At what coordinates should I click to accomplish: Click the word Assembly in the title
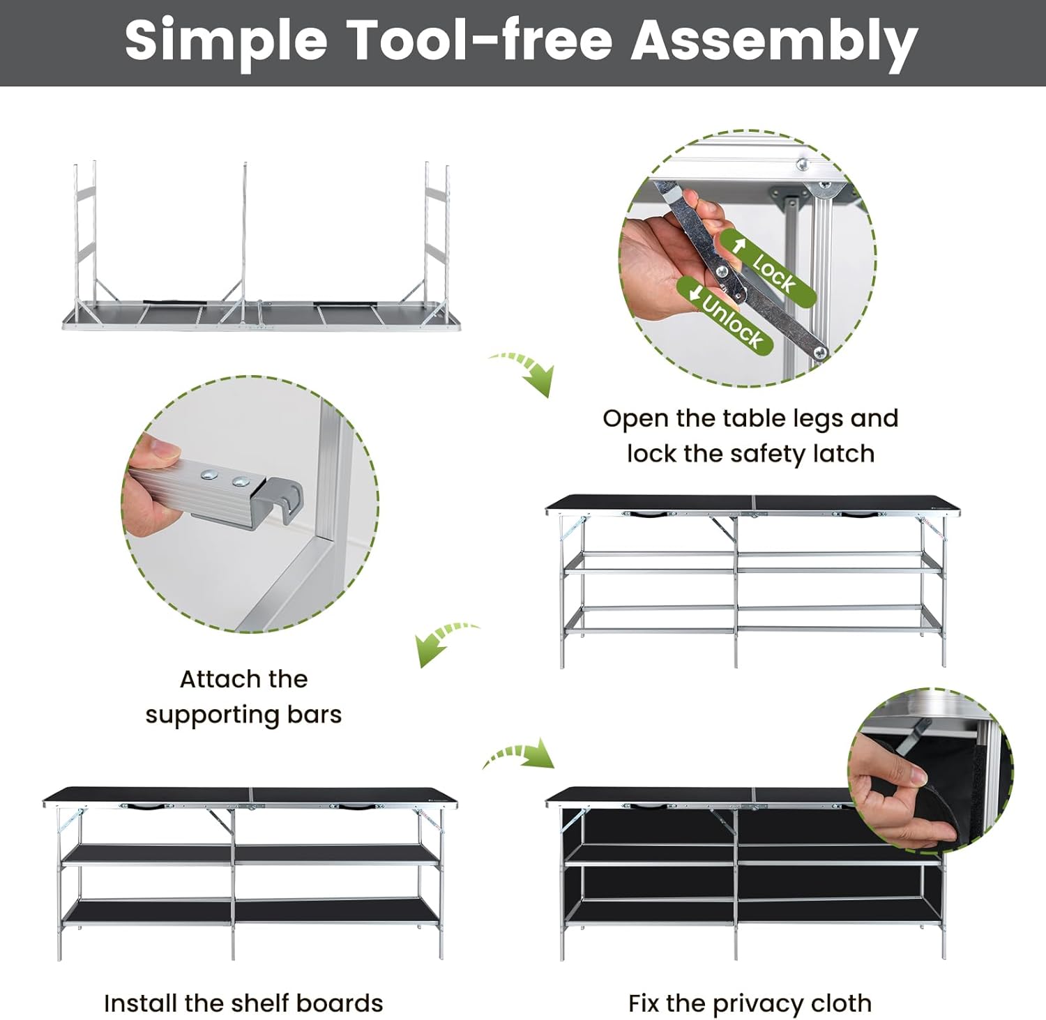774,41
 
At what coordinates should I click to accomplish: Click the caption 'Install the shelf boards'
243,1003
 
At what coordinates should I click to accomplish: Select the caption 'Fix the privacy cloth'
750,1003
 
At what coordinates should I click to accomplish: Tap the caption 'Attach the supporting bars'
243,697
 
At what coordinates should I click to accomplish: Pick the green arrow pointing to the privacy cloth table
520,756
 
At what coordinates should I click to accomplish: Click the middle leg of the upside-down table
244,237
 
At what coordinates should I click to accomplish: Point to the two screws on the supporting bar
224,478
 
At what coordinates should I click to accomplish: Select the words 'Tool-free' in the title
479,40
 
